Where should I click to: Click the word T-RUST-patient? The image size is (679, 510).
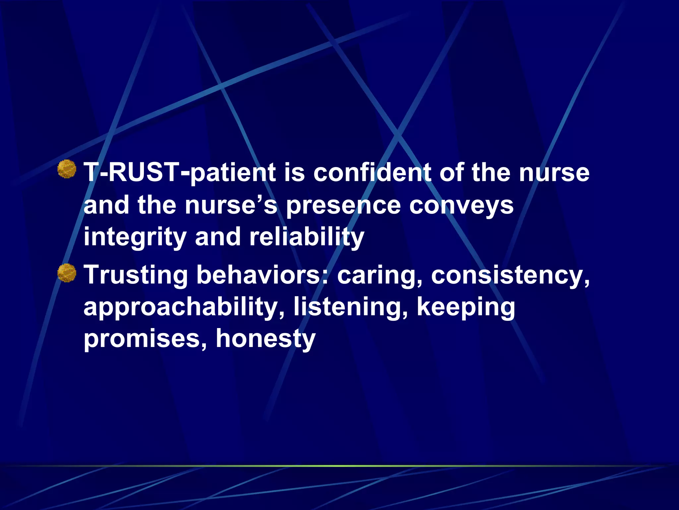point(179,173)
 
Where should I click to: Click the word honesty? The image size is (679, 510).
point(266,339)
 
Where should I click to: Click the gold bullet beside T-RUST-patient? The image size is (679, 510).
point(67,169)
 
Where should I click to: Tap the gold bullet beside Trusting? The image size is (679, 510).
point(67,273)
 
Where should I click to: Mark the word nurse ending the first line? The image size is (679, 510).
point(554,173)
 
